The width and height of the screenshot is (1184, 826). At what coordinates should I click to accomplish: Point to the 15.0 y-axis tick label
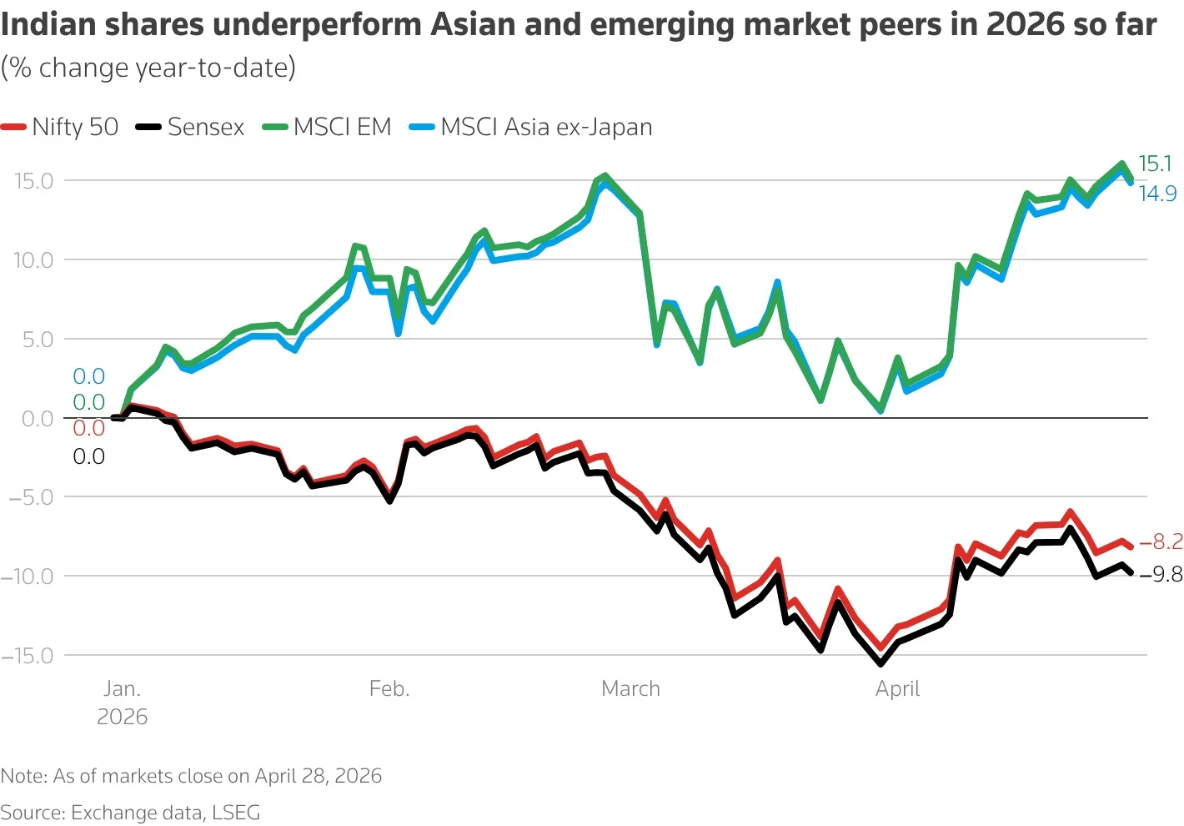33,181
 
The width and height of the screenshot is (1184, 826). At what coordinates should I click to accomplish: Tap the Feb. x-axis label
389,689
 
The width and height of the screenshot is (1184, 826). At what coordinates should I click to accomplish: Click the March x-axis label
630,689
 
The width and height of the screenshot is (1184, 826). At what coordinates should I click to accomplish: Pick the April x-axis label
897,689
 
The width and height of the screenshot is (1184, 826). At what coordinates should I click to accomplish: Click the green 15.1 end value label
1155,164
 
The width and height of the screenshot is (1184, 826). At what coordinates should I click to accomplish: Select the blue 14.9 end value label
1157,194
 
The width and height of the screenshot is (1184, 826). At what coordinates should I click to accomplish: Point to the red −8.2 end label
1161,542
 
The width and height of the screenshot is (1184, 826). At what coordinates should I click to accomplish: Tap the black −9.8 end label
1161,575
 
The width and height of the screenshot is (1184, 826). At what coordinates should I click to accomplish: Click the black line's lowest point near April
880,663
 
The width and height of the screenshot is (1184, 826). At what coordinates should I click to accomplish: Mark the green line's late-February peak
605,176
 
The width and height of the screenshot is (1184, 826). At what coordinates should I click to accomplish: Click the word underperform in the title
320,25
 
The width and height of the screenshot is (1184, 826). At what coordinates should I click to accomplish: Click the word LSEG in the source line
236,813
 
